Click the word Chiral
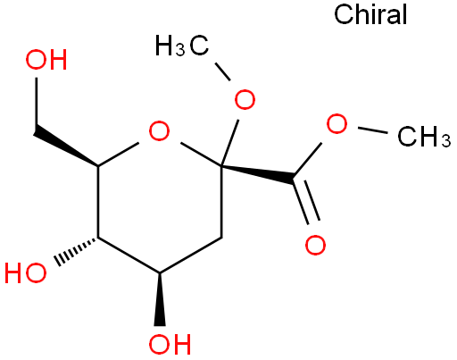click(x=370, y=14)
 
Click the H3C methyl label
click(x=182, y=46)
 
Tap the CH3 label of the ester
click(x=424, y=137)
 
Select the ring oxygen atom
click(x=159, y=130)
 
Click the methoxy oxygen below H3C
click(x=245, y=99)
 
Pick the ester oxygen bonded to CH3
click(x=337, y=123)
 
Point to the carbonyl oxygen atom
click(x=315, y=245)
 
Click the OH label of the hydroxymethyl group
click(x=46, y=60)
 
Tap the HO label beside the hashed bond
click(x=26, y=272)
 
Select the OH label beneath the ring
click(x=170, y=344)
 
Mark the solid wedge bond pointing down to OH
click(x=160, y=299)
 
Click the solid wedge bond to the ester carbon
click(x=258, y=174)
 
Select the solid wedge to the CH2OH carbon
click(x=66, y=147)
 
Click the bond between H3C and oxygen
click(x=222, y=71)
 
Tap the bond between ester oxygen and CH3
click(x=373, y=130)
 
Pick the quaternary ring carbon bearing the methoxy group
click(x=221, y=165)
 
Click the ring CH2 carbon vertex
click(x=221, y=238)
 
